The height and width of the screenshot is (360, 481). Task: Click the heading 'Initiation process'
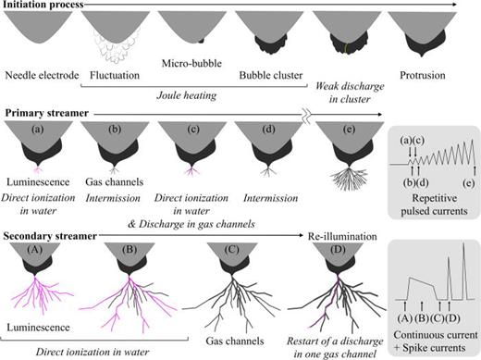44,6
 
